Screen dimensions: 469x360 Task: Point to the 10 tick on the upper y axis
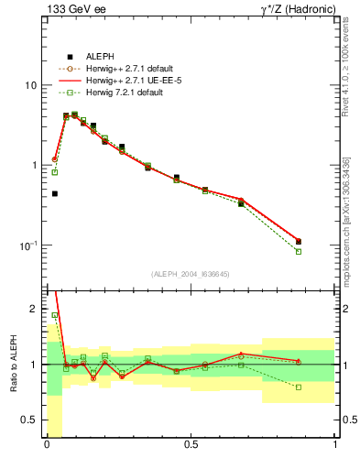(31, 85)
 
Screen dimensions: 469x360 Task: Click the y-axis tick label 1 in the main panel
(34, 166)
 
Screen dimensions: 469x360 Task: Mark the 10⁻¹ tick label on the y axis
(28, 245)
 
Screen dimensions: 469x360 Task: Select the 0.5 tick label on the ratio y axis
(30, 420)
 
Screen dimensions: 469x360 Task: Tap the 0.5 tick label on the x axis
(191, 447)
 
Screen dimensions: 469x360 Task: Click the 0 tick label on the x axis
(47, 447)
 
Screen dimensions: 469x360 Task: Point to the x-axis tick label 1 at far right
(335, 447)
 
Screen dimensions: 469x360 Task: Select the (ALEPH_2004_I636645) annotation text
(191, 274)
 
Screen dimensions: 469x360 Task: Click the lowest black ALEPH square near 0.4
(55, 194)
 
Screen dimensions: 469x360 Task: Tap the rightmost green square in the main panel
(299, 251)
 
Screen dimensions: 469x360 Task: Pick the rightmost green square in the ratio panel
(299, 387)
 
